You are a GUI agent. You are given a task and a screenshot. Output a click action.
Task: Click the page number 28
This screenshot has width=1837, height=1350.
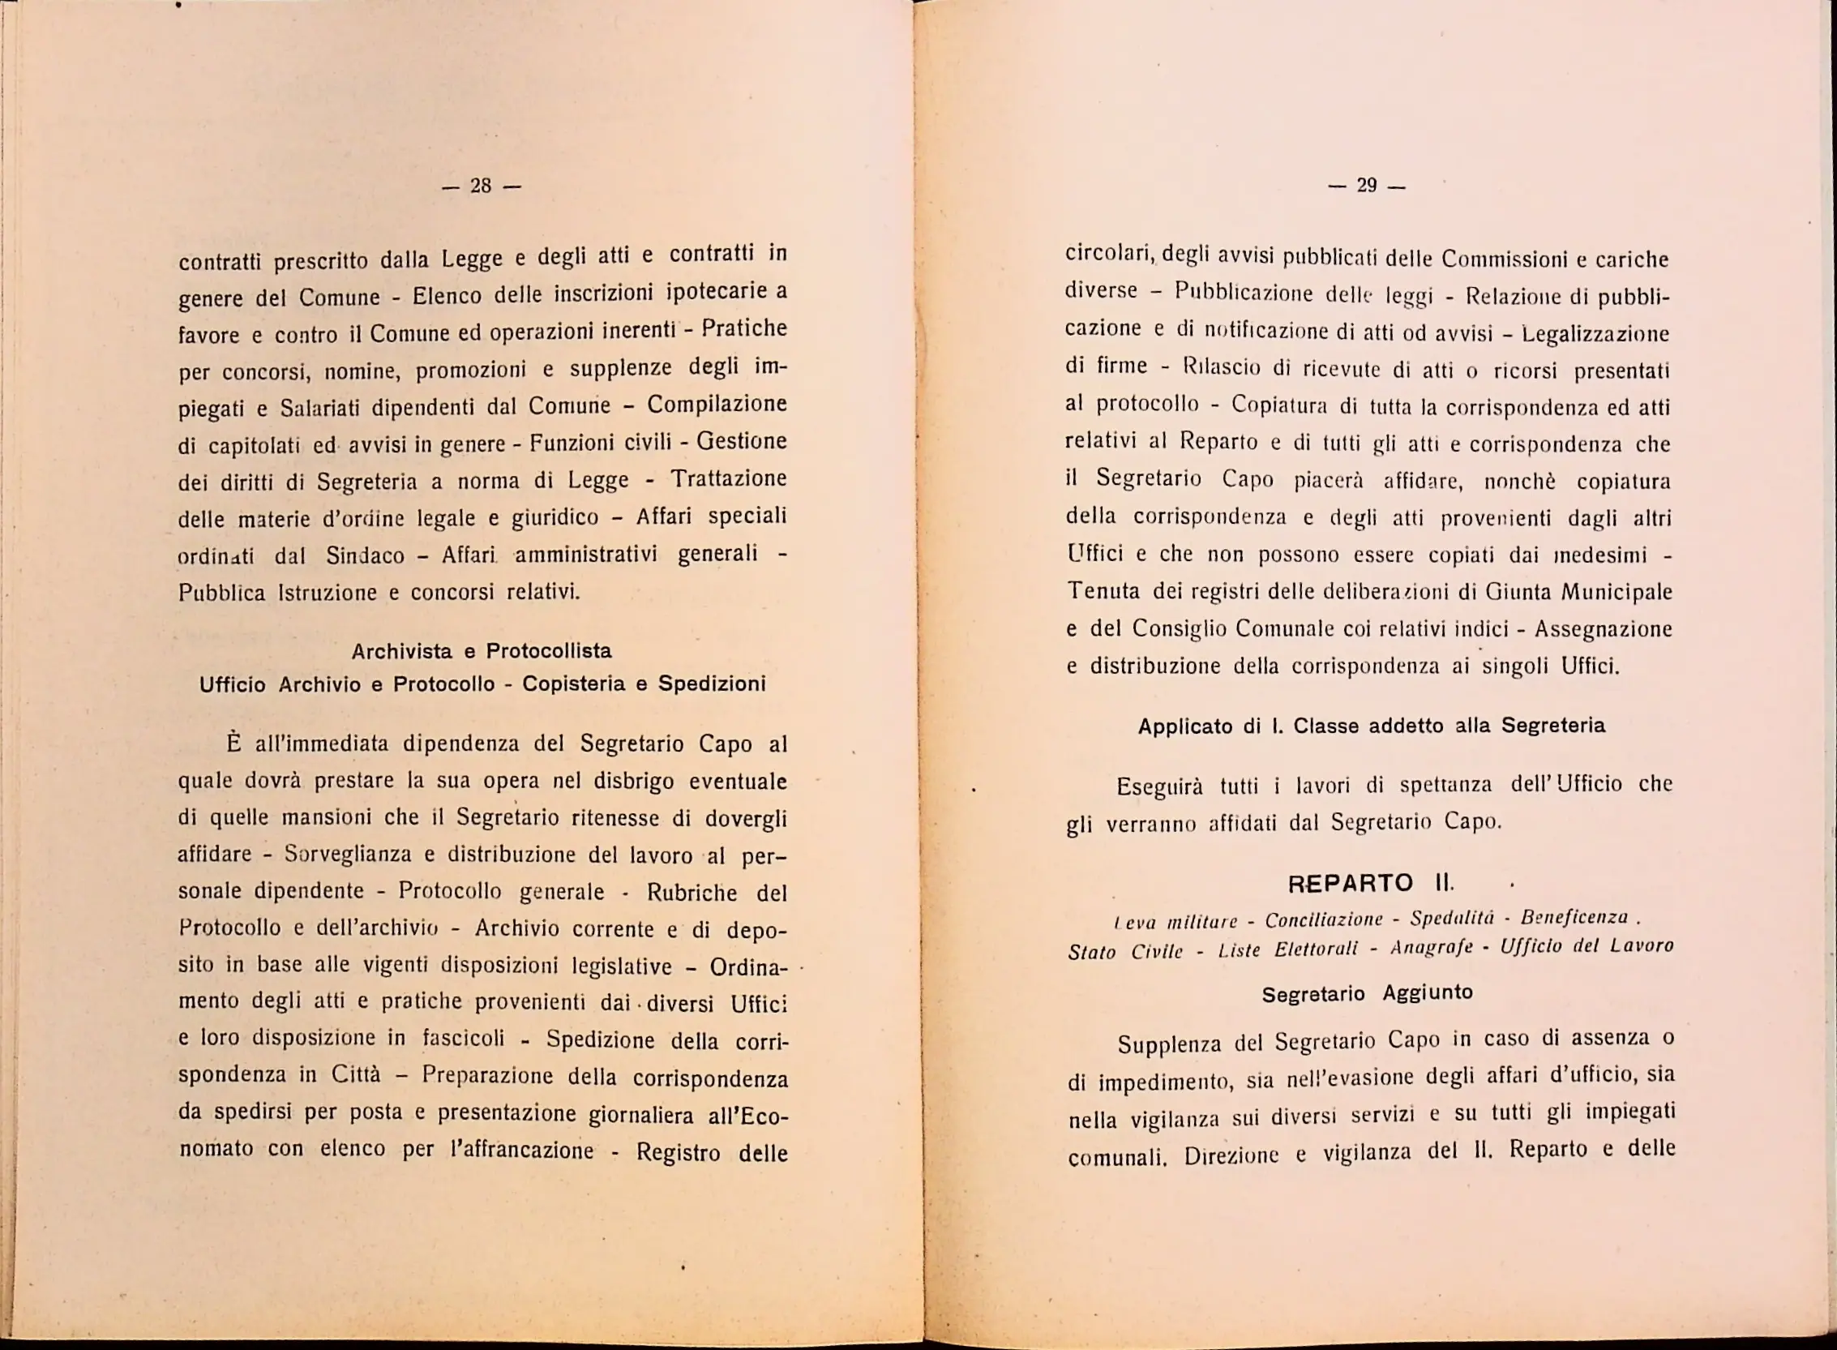pos(481,186)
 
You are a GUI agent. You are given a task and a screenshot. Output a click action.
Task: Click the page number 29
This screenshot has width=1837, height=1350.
pos(1367,186)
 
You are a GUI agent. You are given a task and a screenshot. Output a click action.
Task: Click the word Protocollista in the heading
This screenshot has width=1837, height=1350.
pos(548,651)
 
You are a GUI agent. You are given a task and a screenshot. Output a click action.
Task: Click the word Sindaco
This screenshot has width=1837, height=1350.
pos(366,555)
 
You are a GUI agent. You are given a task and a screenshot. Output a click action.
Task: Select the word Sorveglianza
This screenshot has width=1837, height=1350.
pos(348,855)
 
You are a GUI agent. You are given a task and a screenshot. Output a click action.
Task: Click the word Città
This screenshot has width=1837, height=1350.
pos(356,1074)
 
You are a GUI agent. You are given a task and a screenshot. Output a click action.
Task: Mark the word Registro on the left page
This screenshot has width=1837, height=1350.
pos(679,1152)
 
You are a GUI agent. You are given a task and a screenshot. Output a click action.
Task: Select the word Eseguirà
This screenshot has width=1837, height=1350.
pos(1159,787)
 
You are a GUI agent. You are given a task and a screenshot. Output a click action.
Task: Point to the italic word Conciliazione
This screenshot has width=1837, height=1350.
pos(1324,920)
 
